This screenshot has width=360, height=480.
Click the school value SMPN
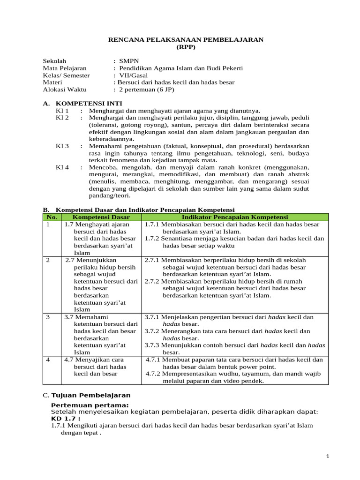[x=129, y=61]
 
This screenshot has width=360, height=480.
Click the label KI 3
[x=62, y=146]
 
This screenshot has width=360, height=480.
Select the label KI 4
[x=62, y=167]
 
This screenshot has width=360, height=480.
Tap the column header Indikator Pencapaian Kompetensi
[x=234, y=217]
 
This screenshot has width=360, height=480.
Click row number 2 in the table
[x=48, y=260]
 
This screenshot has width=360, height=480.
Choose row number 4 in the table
[x=48, y=360]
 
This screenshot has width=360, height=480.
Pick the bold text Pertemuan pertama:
[x=90, y=405]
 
